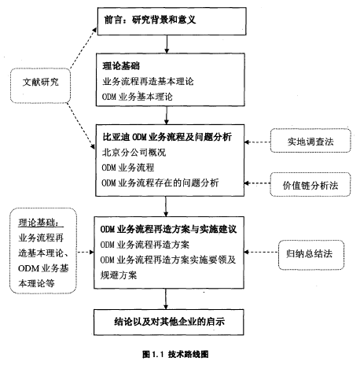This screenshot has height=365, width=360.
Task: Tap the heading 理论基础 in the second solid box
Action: pos(121,66)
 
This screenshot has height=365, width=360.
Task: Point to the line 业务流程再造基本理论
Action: pos(148,81)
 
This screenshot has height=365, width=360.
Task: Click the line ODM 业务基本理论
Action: pos(138,97)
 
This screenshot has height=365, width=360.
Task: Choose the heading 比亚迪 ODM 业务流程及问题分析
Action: pos(167,137)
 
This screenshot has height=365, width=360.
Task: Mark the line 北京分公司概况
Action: pos(134,153)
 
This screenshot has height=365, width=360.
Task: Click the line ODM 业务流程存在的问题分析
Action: pos(160,182)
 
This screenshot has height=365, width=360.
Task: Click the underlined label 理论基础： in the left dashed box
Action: pos(41,223)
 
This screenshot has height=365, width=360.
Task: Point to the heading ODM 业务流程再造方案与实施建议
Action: pos(168,230)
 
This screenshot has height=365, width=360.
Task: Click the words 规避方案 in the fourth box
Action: pos(119,275)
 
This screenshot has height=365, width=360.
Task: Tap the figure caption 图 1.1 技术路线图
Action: pos(175,354)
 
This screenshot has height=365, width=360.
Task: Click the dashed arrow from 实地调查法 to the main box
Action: pos(257,142)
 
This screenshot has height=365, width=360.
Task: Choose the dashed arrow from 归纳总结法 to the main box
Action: pos(261,253)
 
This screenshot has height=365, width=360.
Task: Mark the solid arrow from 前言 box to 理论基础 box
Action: pos(167,44)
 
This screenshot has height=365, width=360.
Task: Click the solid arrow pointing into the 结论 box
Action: pos(166,299)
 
